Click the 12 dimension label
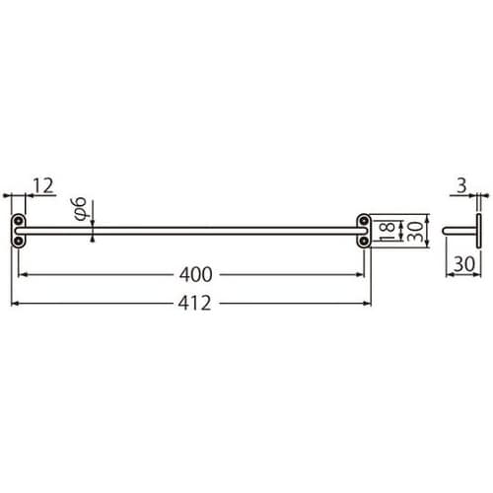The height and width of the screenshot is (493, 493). click(x=43, y=185)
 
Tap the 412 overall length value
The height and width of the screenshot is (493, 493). click(x=193, y=304)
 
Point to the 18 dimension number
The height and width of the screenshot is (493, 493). click(x=387, y=230)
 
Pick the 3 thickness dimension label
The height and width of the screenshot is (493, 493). click(x=460, y=185)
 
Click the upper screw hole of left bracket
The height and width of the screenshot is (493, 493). click(x=19, y=221)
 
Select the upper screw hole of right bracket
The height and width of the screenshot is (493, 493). click(x=363, y=221)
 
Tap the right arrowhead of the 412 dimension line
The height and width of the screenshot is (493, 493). click(x=367, y=304)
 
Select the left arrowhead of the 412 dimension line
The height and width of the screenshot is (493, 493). click(x=15, y=304)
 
